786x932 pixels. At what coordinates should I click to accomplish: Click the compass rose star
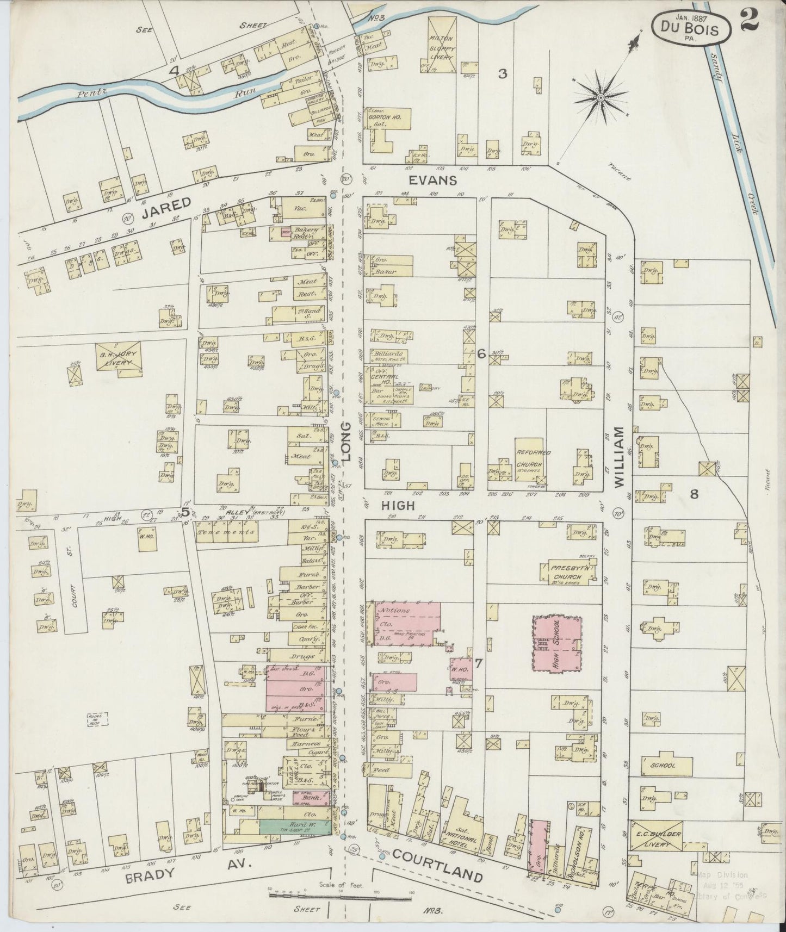pyautogui.click(x=601, y=98)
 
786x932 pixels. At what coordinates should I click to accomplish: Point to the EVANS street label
pyautogui.click(x=434, y=180)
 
